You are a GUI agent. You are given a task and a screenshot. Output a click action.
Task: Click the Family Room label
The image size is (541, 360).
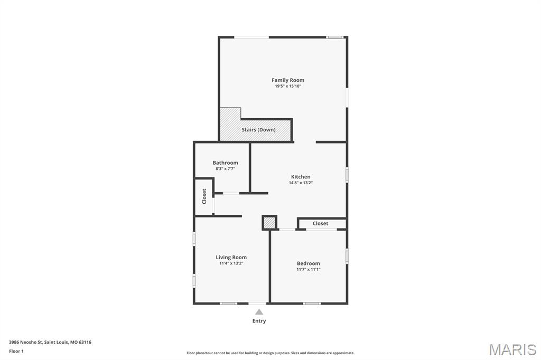pos(288,80)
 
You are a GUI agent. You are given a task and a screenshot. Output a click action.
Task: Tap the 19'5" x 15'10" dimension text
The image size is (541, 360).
pos(288,86)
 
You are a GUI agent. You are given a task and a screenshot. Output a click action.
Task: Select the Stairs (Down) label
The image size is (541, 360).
pos(258,130)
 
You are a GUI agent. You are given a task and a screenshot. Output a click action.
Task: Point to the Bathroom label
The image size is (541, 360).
pos(225,163)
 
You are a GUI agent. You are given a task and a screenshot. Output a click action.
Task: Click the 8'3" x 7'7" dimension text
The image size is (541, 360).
pos(225,169)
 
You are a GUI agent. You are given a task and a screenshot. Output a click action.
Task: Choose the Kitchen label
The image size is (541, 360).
pos(301,177)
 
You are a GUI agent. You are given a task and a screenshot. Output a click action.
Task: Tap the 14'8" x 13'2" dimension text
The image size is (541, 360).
pos(301,183)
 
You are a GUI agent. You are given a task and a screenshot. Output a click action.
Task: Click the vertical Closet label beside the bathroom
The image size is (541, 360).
pos(204,196)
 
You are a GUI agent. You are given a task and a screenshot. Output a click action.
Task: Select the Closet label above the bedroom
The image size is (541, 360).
pos(320,224)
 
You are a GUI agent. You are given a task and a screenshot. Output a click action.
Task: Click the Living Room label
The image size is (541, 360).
pos(231,258)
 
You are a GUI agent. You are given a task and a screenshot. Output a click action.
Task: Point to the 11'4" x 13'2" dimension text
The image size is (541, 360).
pos(231,263)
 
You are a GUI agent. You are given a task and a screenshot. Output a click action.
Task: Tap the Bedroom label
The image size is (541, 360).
pos(308,263)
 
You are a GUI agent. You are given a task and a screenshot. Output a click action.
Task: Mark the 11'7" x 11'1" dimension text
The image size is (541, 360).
pos(308,270)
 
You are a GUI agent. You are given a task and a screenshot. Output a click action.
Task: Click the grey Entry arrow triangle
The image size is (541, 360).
pos(259,312)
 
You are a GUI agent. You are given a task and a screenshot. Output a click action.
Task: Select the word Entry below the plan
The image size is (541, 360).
pos(259,321)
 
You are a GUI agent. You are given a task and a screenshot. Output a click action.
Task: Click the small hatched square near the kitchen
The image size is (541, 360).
pos(269,223)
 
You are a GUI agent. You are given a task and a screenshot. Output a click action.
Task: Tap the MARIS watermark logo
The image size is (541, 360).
pos(512,349)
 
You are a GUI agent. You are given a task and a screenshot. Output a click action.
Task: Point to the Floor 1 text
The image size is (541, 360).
pos(16,351)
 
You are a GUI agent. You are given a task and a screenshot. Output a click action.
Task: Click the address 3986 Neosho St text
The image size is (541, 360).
pos(50,342)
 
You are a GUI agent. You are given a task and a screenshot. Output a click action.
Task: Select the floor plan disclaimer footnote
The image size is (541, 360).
pos(270,353)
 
